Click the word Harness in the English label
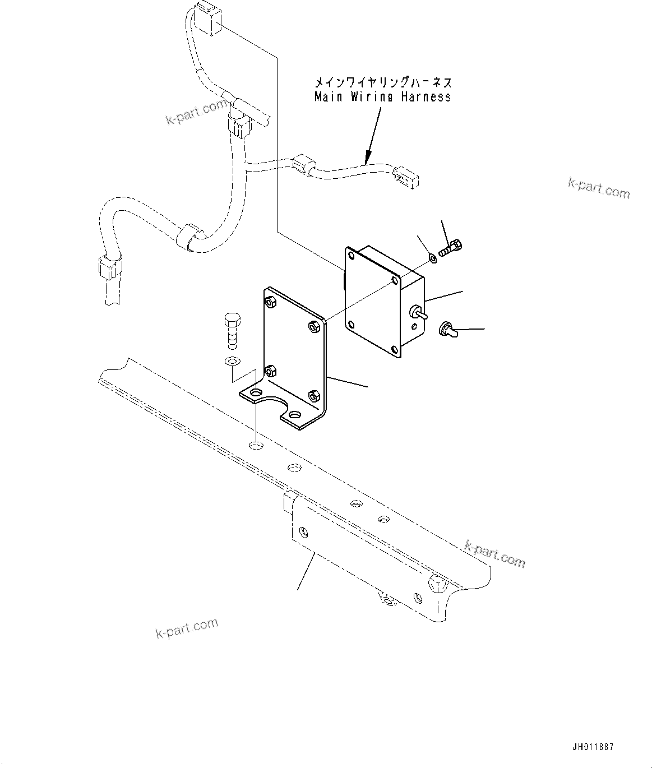[x=426, y=97]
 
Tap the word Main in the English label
[x=325, y=97]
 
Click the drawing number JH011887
[x=593, y=747]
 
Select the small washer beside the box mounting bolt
[x=432, y=258]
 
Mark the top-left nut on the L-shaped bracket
[x=270, y=302]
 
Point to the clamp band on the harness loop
[x=185, y=237]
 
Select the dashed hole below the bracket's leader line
[x=256, y=446]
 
